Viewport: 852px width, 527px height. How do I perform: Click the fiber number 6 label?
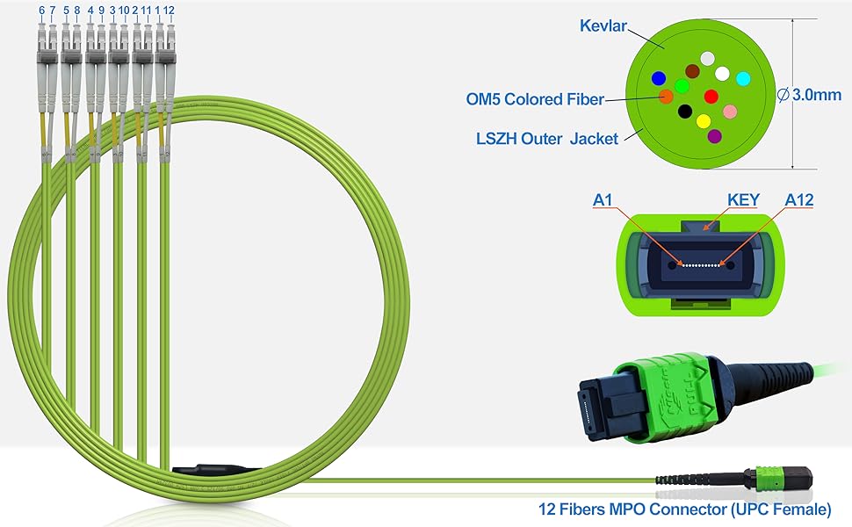click(41, 11)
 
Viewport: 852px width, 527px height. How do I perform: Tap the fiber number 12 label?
click(169, 11)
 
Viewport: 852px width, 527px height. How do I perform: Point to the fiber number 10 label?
click(125, 11)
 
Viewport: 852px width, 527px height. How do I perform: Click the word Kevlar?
click(604, 25)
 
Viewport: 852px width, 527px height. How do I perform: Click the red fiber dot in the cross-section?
click(711, 96)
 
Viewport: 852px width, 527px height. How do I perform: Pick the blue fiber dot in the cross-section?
click(659, 78)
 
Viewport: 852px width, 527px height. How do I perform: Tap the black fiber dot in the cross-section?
click(685, 112)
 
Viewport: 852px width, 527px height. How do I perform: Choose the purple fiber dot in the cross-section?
click(714, 136)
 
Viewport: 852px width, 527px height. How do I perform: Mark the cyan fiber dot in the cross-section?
click(743, 79)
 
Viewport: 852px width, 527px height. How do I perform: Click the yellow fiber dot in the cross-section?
click(703, 120)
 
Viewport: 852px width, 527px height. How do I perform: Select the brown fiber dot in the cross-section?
click(692, 70)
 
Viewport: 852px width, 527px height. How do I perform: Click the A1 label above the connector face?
click(603, 200)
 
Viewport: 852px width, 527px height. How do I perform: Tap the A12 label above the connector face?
click(798, 200)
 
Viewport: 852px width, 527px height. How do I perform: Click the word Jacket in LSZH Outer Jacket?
click(594, 137)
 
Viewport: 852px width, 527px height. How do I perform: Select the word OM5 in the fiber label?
click(485, 99)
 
